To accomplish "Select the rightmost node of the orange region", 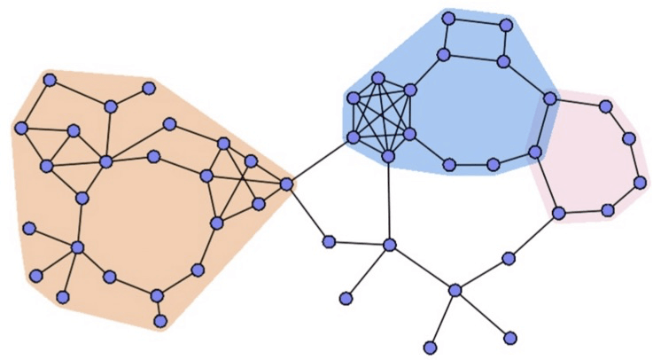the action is (286, 184).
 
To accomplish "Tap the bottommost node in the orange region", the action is (160, 320).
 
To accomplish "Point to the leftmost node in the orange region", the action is (20, 129).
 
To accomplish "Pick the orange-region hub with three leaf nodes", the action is (78, 247).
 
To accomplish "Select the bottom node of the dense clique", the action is (388, 157).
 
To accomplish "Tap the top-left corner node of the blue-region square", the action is (448, 18).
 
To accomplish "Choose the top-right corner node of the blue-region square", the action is (507, 24).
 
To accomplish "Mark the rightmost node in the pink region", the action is (640, 182).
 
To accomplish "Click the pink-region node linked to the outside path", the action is (559, 213).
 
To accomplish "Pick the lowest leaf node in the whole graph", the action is (431, 348).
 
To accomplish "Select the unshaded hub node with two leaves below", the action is (455, 290).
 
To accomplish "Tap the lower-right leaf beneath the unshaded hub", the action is (509, 337).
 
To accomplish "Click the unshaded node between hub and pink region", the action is (509, 258).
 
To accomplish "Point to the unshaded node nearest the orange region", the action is (329, 241).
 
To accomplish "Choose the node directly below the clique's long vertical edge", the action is (389, 244).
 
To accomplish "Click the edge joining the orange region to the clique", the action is (319, 160).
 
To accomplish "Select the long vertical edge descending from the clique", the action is (389, 200).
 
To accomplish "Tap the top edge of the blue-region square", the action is (478, 21).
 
